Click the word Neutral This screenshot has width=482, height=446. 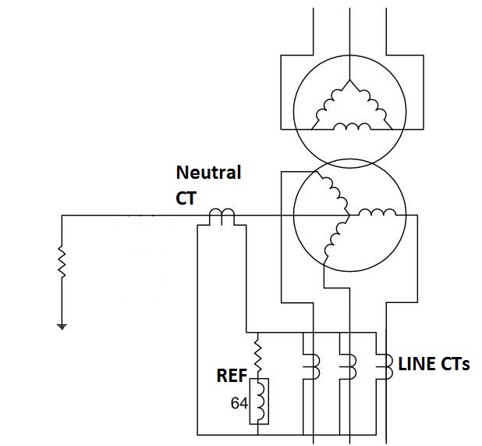tap(208, 172)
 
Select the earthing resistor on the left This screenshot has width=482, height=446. tap(62, 263)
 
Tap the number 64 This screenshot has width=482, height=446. tap(239, 403)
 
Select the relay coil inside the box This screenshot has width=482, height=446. tap(258, 401)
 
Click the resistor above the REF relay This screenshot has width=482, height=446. tap(258, 355)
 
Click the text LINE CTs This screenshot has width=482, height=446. tap(434, 364)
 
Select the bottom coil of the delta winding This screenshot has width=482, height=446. tap(349, 126)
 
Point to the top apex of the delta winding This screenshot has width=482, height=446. tap(349, 80)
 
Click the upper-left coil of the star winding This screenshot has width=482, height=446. tap(333, 192)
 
